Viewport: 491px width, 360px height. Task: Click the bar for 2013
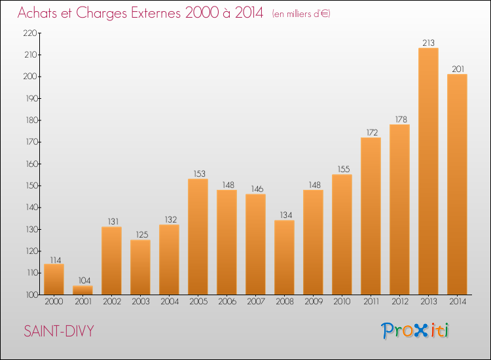coord(428,171)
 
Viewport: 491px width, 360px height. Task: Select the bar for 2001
coord(82,290)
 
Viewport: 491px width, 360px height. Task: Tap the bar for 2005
coord(198,237)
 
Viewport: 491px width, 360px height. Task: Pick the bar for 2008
coord(284,257)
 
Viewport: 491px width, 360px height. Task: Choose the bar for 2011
coord(371,216)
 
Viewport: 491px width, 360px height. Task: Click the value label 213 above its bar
coord(428,43)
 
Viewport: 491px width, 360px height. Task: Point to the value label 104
coord(84,281)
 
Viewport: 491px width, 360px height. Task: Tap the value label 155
coord(344,169)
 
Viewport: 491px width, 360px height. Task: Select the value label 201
coord(458,69)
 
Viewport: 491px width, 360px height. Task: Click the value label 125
coord(142,235)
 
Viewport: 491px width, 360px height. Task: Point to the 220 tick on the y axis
coord(30,33)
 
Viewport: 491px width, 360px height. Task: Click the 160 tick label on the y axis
coord(31,164)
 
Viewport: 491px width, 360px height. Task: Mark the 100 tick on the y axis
coord(31,295)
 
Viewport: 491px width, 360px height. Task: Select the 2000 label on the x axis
coord(54,302)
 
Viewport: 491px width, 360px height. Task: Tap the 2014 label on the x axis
coord(458,302)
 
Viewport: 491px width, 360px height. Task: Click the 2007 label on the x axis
coord(256,302)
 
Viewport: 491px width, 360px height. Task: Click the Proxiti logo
coord(415,331)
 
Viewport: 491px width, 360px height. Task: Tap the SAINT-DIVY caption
coord(59,331)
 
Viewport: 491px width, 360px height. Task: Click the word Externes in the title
coord(156,13)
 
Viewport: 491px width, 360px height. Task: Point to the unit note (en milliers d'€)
coord(301,14)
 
